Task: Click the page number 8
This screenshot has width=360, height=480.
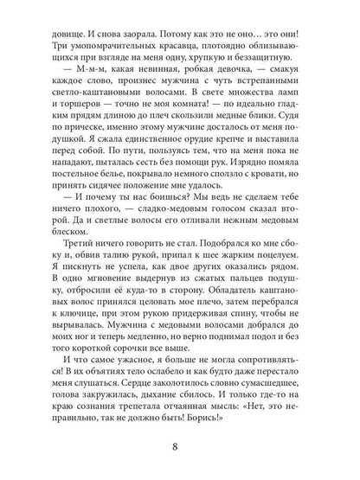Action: point(180,449)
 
